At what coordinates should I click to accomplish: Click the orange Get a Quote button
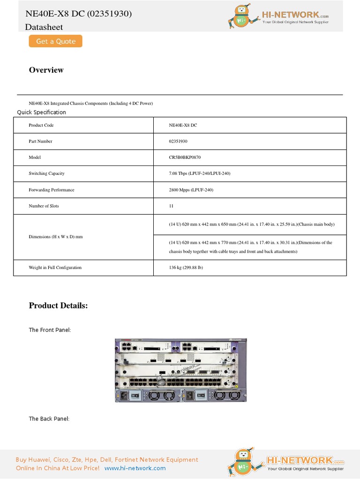point(55,41)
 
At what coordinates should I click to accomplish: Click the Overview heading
point(46,70)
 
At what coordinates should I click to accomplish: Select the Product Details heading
point(58,306)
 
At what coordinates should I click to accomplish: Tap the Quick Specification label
point(41,112)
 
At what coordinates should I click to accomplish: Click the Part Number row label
point(40,141)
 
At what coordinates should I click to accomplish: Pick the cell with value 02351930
point(178,141)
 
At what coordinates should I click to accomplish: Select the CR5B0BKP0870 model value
point(185,157)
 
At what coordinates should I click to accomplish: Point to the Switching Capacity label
point(46,173)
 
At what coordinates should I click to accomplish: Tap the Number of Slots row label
point(44,206)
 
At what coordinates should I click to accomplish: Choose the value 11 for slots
point(171,206)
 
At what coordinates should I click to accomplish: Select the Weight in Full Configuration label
point(55,268)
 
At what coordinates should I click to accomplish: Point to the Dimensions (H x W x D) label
point(55,237)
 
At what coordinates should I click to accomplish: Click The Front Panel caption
point(50,330)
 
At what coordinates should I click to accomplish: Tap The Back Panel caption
point(49,419)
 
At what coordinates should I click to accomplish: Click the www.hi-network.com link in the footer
point(135,468)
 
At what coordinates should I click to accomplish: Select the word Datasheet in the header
point(44,27)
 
